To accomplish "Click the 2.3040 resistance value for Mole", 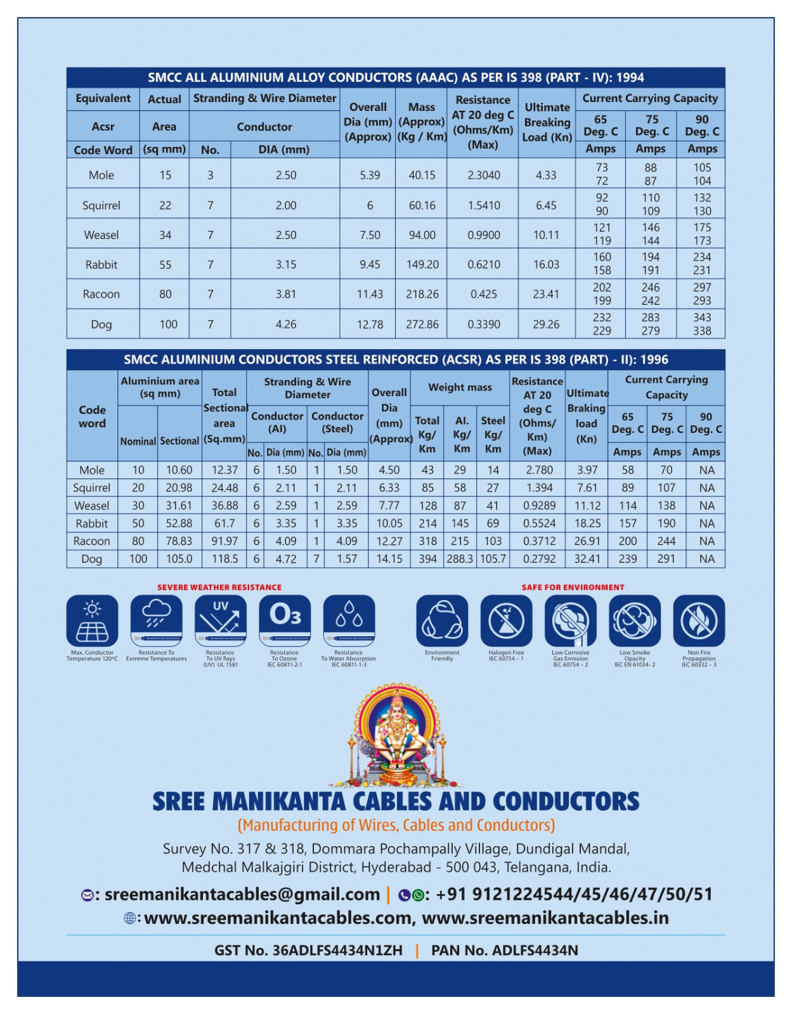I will tap(484, 176).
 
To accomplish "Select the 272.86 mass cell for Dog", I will tap(422, 324).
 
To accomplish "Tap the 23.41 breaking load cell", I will tap(546, 294).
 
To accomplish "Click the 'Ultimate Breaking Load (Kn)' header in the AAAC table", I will tap(547, 122).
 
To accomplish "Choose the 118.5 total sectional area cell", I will tap(224, 559).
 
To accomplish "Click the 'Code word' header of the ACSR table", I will tap(92, 417).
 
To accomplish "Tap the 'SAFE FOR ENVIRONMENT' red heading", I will tap(573, 587).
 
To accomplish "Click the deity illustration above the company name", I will tap(396, 735).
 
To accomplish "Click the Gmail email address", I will tap(242, 895).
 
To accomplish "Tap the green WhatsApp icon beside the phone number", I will tap(418, 895).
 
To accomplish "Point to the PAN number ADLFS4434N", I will tap(535, 951).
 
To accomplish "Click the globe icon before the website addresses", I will tap(129, 918).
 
